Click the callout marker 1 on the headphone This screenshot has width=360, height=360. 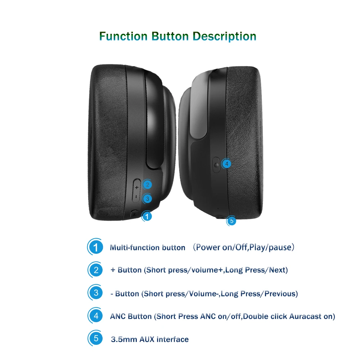tap(147, 216)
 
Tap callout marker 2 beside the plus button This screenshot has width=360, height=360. tap(147, 185)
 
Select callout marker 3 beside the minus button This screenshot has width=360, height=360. tap(147, 198)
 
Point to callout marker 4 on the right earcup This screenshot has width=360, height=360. tap(226, 163)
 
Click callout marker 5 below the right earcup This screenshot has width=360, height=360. tap(231, 221)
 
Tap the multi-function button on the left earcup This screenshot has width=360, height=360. tap(134, 213)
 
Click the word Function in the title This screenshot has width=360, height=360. tap(123, 36)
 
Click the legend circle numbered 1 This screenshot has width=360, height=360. tap(96, 248)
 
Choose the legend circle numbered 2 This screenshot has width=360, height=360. tap(96, 270)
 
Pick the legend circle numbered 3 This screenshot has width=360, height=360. tap(96, 293)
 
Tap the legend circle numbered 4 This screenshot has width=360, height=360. tap(96, 316)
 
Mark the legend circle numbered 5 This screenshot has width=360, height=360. tap(96, 338)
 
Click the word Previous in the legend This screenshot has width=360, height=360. tap(280, 294)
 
